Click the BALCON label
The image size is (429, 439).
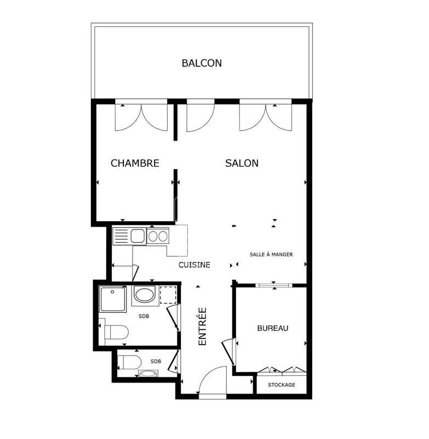[202, 63]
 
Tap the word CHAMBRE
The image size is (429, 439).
[135, 163]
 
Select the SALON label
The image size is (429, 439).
[242, 163]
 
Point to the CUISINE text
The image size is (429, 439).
[195, 264]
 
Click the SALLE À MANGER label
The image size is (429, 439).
[271, 255]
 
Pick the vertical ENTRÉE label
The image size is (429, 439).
[202, 326]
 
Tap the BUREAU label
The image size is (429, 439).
[272, 328]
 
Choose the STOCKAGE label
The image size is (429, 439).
[281, 385]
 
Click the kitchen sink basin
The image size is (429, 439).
[138, 237]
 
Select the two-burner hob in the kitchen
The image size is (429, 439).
[158, 237]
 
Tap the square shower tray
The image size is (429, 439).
[113, 299]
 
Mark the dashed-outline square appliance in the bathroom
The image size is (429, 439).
[168, 295]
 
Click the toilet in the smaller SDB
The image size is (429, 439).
[130, 362]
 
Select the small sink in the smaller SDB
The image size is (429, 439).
[147, 375]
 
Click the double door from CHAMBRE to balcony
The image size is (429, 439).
[141, 116]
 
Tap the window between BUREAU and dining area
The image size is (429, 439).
[272, 285]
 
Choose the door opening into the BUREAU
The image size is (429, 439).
[228, 350]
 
